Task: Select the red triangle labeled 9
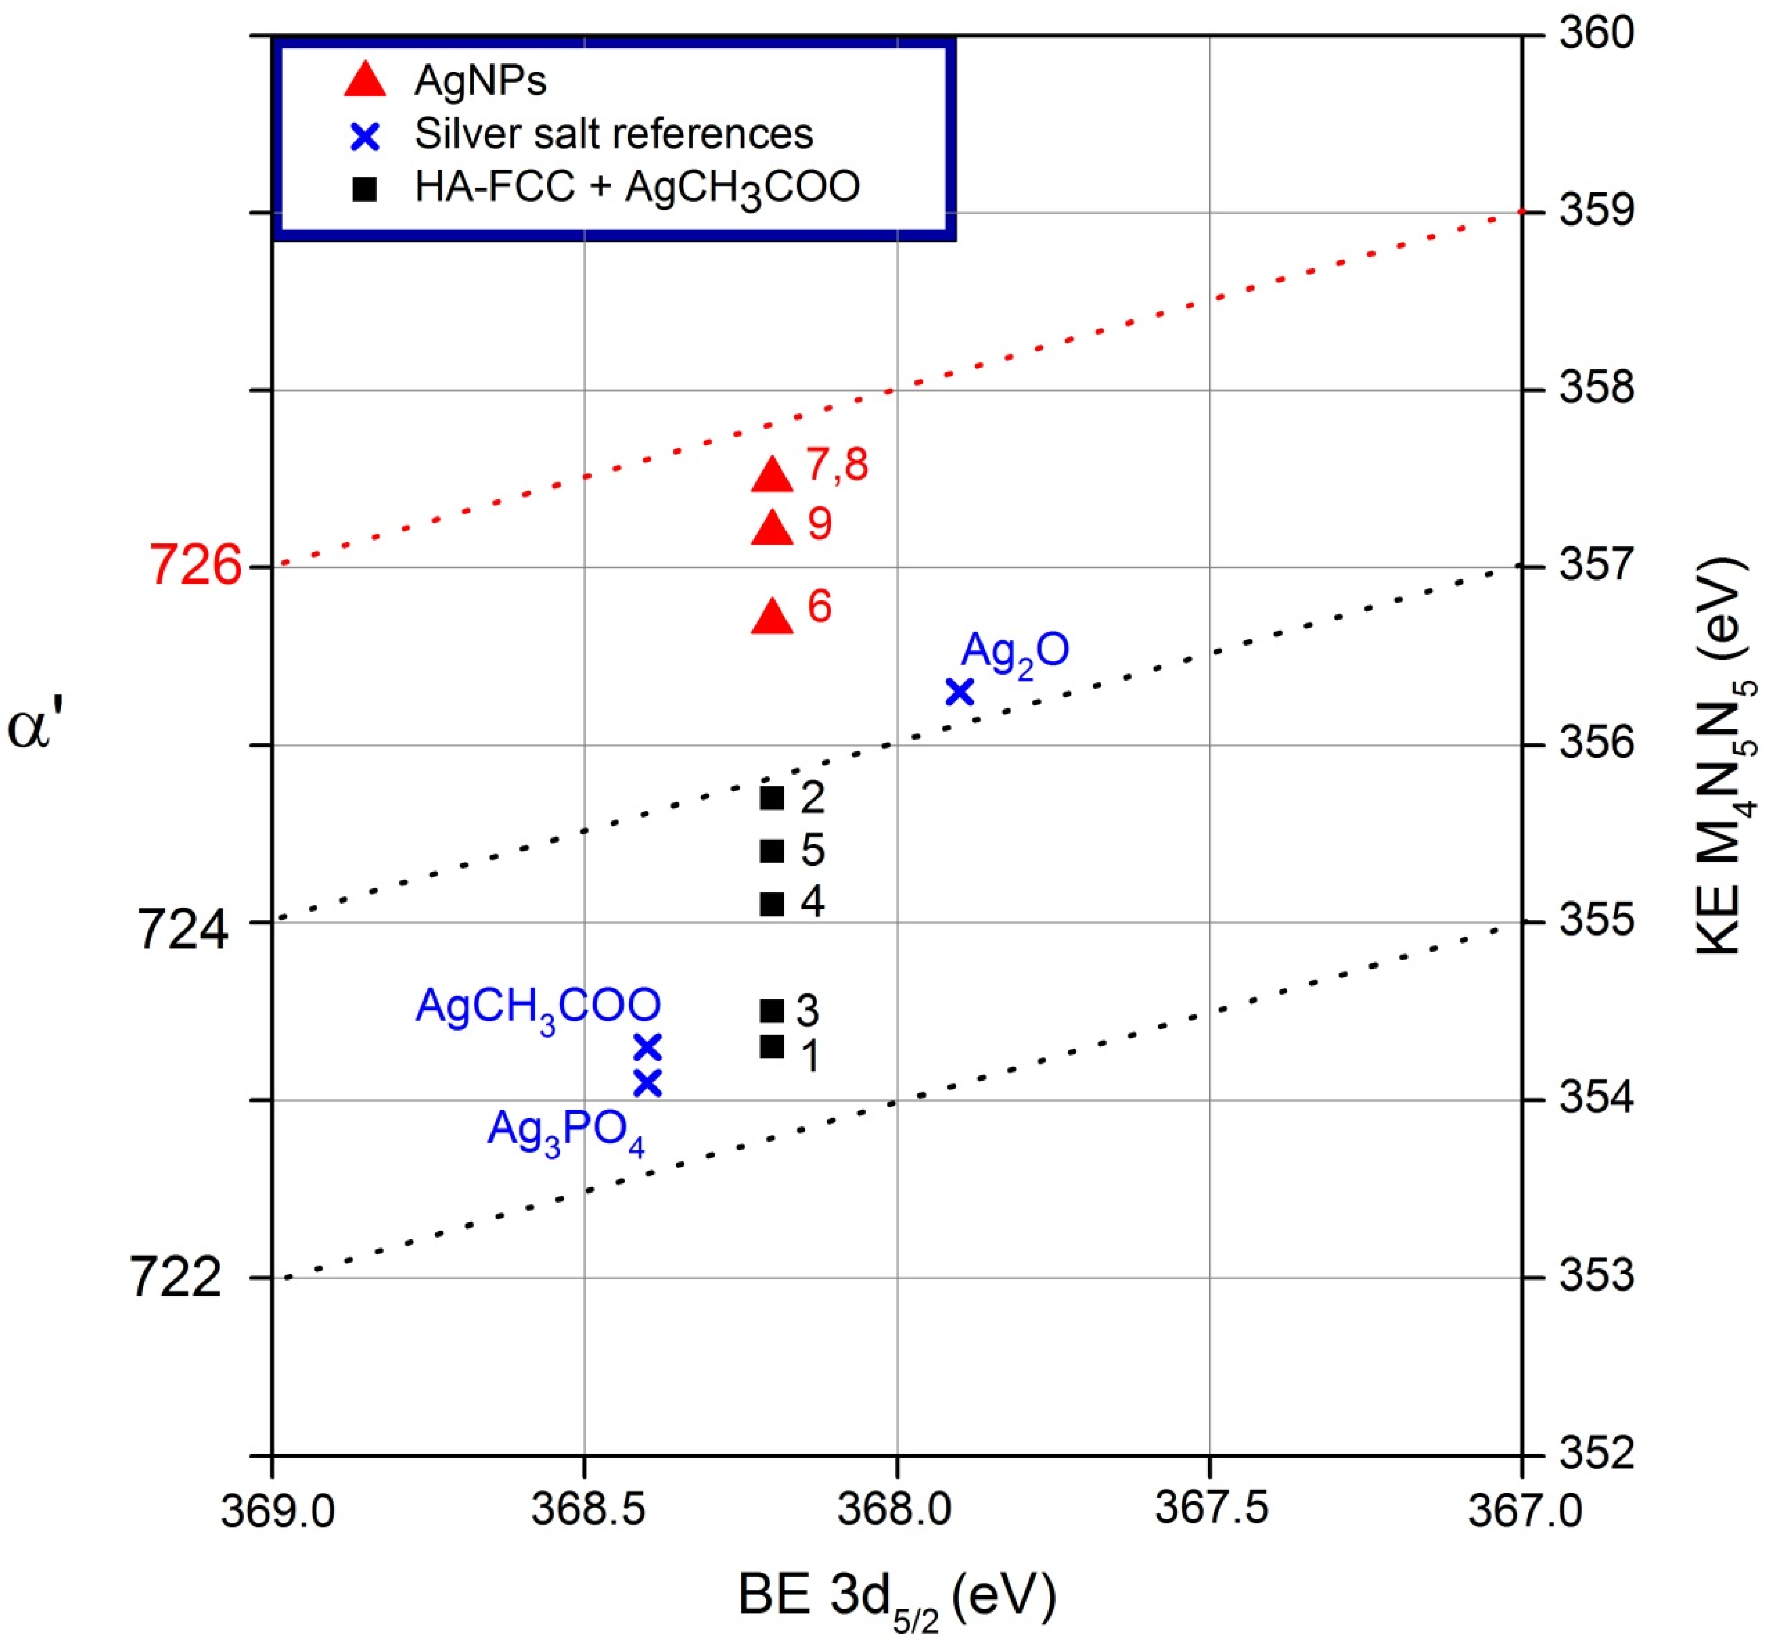click(771, 528)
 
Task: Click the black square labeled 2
click(771, 797)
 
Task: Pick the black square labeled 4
click(771, 904)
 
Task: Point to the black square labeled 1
click(771, 1046)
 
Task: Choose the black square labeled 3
click(771, 1011)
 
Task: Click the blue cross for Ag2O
click(959, 691)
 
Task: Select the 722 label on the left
click(175, 1278)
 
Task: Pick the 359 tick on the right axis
click(1597, 212)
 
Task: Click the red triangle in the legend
click(365, 80)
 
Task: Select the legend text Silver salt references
click(614, 134)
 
